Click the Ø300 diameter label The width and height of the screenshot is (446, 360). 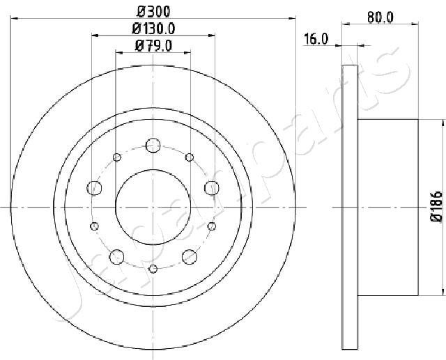[153, 11]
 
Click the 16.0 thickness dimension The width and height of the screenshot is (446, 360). [316, 40]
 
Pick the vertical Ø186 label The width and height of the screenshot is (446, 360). [436, 207]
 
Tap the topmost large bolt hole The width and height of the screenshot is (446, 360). [153, 146]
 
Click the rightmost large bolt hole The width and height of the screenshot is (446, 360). [211, 187]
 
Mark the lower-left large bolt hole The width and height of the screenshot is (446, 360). [116, 256]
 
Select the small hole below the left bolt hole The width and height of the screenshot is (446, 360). [95, 225]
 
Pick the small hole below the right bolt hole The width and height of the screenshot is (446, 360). [211, 225]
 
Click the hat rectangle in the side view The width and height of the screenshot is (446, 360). [387, 207]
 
